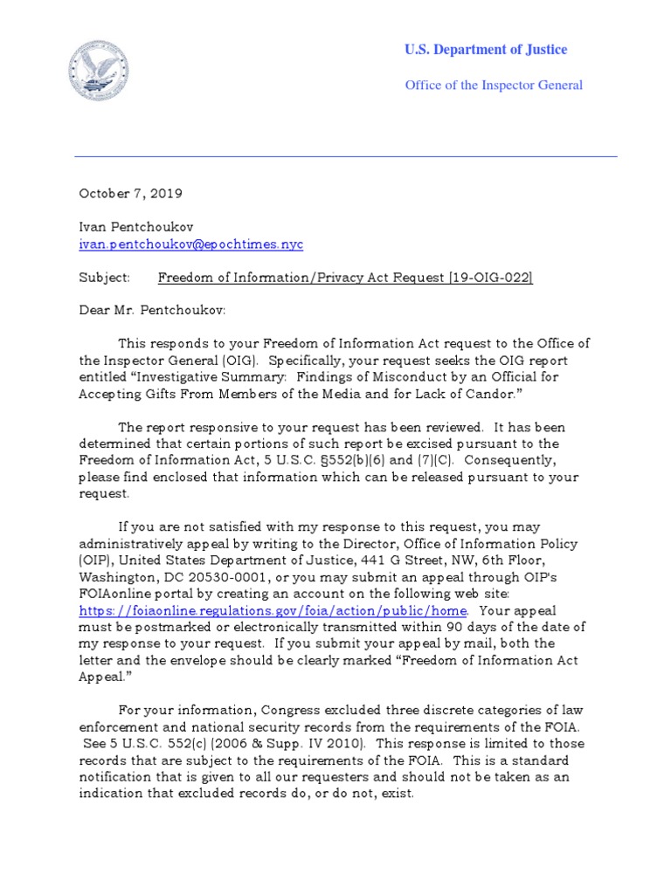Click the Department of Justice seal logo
coord(99,72)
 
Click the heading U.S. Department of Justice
coord(485,50)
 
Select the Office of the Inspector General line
coord(493,85)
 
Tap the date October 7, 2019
coord(131,193)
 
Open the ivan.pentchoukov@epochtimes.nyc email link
coord(190,244)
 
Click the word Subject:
coord(104,278)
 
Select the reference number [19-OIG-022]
coord(490,278)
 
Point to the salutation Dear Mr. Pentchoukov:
coord(153,311)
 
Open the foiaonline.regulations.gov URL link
coord(273,610)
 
